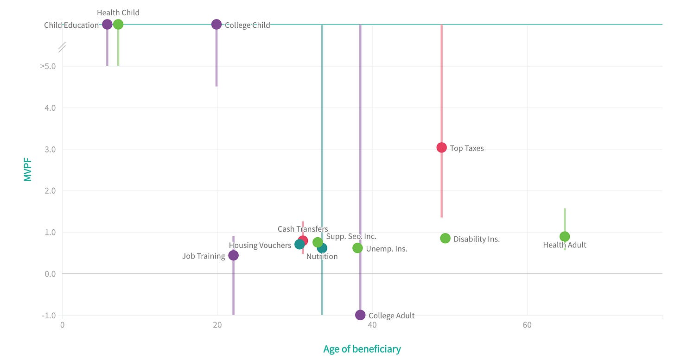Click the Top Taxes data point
(x=441, y=148)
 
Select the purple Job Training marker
(x=233, y=255)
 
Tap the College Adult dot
(x=360, y=315)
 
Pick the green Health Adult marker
(x=564, y=237)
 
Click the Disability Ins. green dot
(x=445, y=238)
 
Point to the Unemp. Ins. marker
(x=357, y=248)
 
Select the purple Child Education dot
(x=107, y=25)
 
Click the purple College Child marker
(x=217, y=25)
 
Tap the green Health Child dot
(x=118, y=25)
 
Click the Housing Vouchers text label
(x=260, y=245)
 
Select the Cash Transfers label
(x=303, y=229)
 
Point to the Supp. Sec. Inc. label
(x=351, y=236)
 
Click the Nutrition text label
(x=322, y=256)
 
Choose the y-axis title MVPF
(x=28, y=170)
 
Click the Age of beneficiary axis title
(x=362, y=349)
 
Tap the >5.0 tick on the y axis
(x=48, y=66)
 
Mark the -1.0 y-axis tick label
(x=48, y=316)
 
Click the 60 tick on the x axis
(x=527, y=325)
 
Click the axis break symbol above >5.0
(x=62, y=46)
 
